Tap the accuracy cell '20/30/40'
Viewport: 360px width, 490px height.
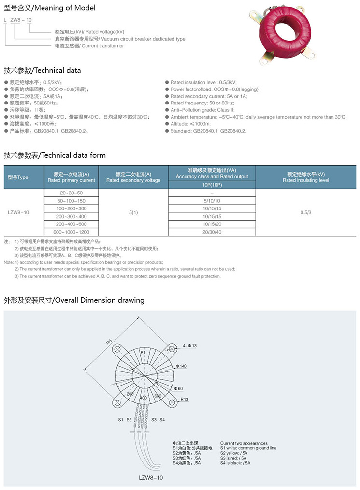tap(212, 232)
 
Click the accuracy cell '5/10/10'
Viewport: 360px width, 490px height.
tap(212, 200)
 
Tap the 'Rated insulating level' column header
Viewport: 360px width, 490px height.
tap(306, 177)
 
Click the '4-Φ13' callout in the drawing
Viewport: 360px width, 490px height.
tap(190, 346)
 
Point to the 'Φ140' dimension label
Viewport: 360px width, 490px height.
tap(181, 366)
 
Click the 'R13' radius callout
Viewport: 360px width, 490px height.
tap(184, 400)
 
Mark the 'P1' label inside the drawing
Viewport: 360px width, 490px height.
tap(143, 354)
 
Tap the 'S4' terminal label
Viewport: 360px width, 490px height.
tap(162, 419)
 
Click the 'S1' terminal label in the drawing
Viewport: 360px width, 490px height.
tap(121, 419)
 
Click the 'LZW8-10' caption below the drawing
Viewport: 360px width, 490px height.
tap(151, 478)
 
